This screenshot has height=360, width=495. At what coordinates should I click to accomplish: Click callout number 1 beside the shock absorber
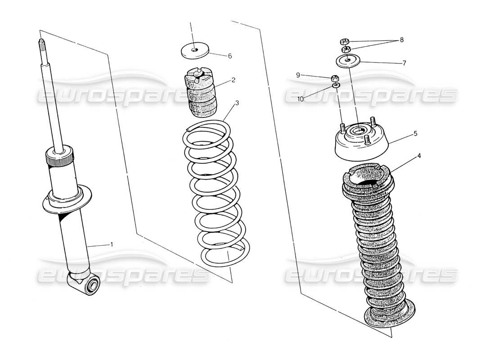112,244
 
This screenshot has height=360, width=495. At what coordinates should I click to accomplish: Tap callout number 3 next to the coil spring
237,103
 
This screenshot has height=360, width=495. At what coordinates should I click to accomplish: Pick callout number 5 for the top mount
415,133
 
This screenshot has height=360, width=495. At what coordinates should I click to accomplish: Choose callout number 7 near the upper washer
404,63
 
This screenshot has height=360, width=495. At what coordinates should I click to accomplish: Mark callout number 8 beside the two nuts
401,40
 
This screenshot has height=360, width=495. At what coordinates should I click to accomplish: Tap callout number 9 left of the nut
297,75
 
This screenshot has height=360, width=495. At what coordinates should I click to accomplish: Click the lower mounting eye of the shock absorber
93,284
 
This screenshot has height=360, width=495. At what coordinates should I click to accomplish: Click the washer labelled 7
348,60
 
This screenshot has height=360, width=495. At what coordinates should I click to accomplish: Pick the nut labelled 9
335,77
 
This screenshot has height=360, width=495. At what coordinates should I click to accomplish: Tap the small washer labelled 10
336,85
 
